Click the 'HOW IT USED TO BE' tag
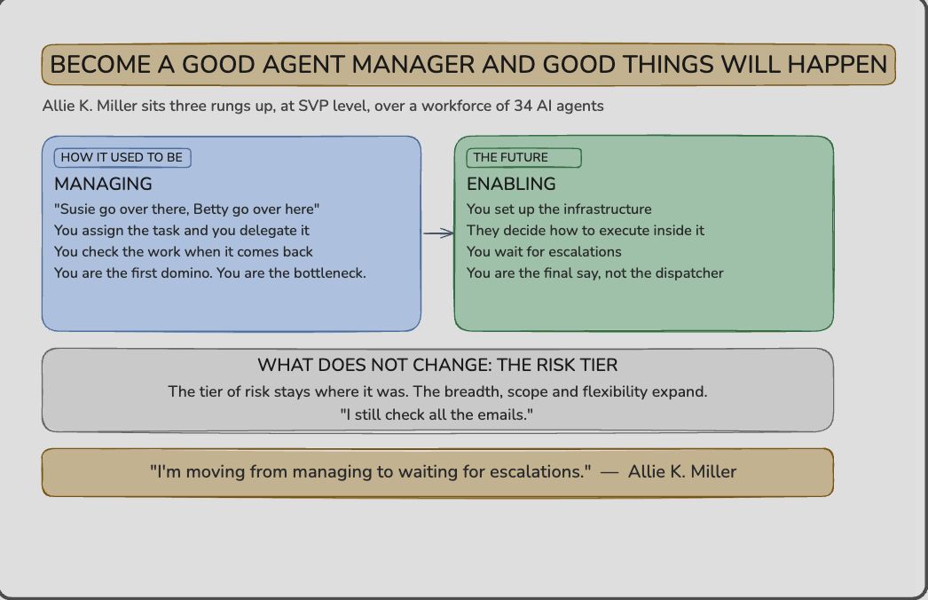coord(122,158)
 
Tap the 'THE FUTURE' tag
coord(523,158)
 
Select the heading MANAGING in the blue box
coord(103,184)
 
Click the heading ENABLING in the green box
coord(511,184)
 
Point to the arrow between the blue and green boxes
coord(438,233)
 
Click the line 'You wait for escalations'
coord(544,252)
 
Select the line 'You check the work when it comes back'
coord(184,252)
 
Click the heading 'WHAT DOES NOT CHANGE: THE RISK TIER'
coord(437,365)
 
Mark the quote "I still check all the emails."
coord(436,414)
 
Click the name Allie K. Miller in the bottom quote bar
coord(681,471)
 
